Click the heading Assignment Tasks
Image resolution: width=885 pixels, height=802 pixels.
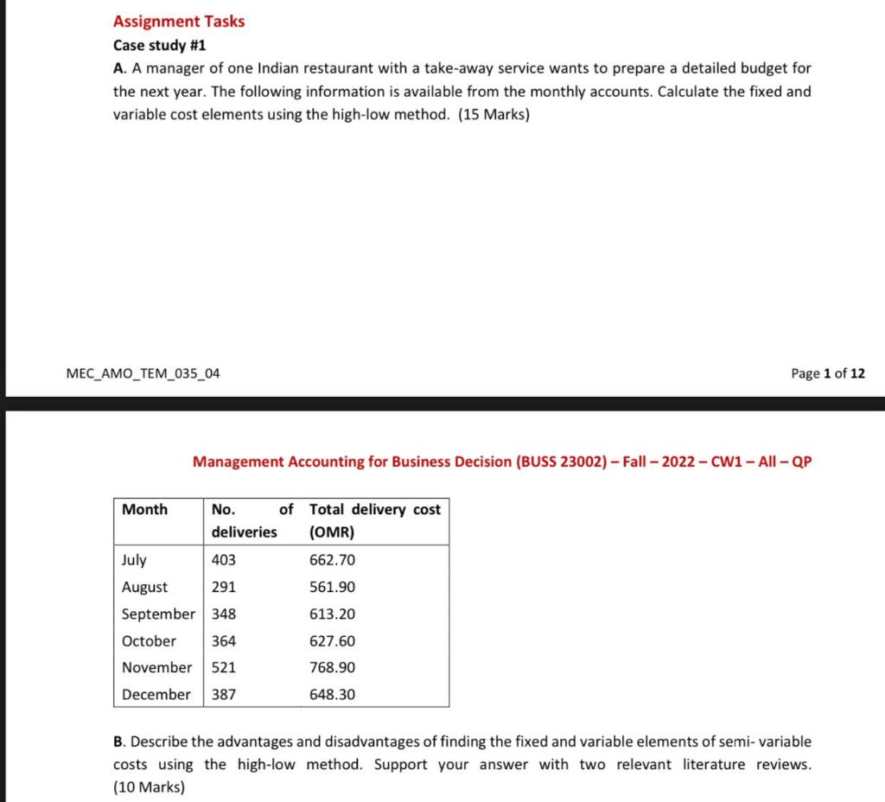click(179, 21)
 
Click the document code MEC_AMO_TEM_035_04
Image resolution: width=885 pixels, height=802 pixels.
click(143, 373)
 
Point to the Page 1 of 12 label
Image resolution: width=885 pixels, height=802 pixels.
click(827, 373)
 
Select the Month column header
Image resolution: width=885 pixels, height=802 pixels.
click(145, 509)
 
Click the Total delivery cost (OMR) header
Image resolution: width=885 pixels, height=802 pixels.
click(375, 520)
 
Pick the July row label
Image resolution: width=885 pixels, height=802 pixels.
click(134, 560)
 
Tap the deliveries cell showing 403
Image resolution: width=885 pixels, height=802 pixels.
click(224, 560)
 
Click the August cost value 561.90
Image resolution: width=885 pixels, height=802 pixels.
click(333, 587)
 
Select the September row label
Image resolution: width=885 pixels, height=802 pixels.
click(158, 614)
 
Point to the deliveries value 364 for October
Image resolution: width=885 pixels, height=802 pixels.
click(224, 640)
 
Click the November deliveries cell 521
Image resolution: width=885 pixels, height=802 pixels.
click(224, 667)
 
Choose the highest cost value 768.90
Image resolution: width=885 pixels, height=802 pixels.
click(333, 667)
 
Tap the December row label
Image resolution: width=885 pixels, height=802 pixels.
click(156, 694)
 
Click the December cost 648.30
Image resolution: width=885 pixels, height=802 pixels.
click(333, 694)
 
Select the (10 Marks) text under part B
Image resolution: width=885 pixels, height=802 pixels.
click(149, 786)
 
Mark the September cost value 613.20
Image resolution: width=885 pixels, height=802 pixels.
click(333, 614)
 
